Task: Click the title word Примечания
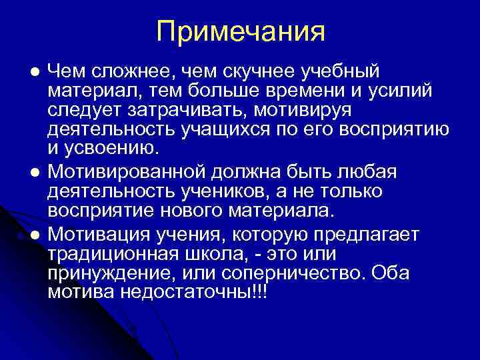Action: (x=241, y=31)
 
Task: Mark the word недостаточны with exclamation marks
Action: (x=188, y=291)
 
